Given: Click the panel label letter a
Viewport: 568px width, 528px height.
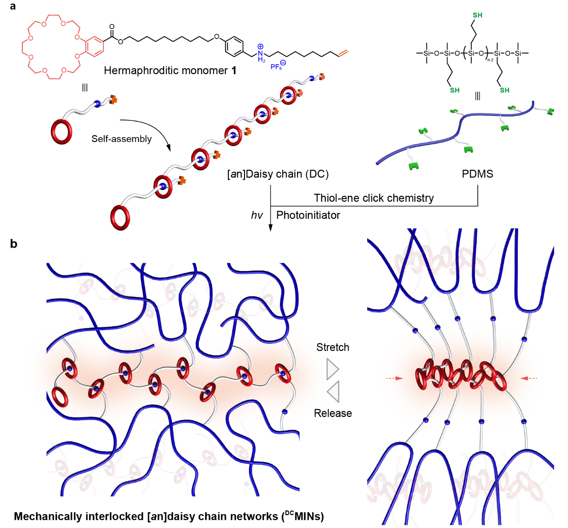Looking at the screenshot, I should tap(13, 6).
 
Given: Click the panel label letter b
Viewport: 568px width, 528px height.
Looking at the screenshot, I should tap(13, 244).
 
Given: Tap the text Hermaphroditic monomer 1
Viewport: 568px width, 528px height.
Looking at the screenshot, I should tap(170, 71).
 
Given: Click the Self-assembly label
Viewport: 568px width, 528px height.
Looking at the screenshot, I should tap(121, 139).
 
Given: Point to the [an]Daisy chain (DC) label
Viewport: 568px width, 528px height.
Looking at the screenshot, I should tap(278, 174).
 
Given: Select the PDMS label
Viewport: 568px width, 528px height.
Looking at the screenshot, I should tap(477, 174).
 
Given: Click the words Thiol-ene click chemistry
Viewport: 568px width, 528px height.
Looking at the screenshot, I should tap(373, 198).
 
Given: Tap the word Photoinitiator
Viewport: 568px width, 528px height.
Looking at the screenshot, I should tap(308, 215).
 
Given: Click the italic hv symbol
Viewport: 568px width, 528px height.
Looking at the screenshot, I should tap(257, 216).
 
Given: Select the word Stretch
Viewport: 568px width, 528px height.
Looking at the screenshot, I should tap(333, 347).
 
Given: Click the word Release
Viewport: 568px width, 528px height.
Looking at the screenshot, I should tap(333, 413).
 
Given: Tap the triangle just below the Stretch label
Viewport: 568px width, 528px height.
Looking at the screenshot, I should tap(332, 369).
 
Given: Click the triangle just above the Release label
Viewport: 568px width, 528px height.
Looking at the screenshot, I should tap(333, 391).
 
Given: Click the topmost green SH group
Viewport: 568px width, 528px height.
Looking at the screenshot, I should tap(477, 15).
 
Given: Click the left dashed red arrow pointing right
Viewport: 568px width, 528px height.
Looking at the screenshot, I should tap(394, 378).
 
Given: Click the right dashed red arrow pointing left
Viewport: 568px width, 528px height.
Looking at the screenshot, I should tap(529, 378).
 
